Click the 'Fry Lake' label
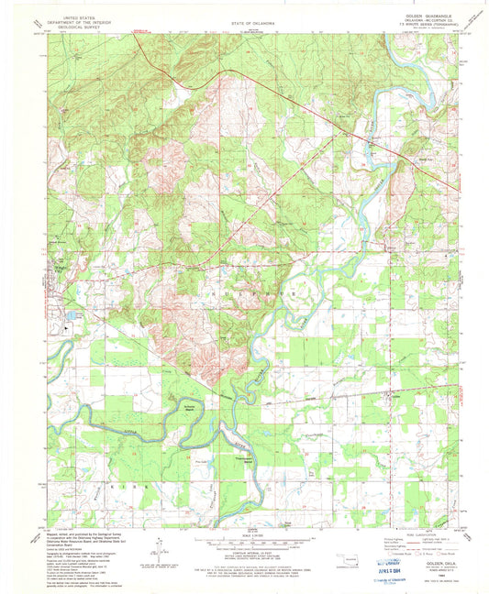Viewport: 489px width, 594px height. [312, 473]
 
